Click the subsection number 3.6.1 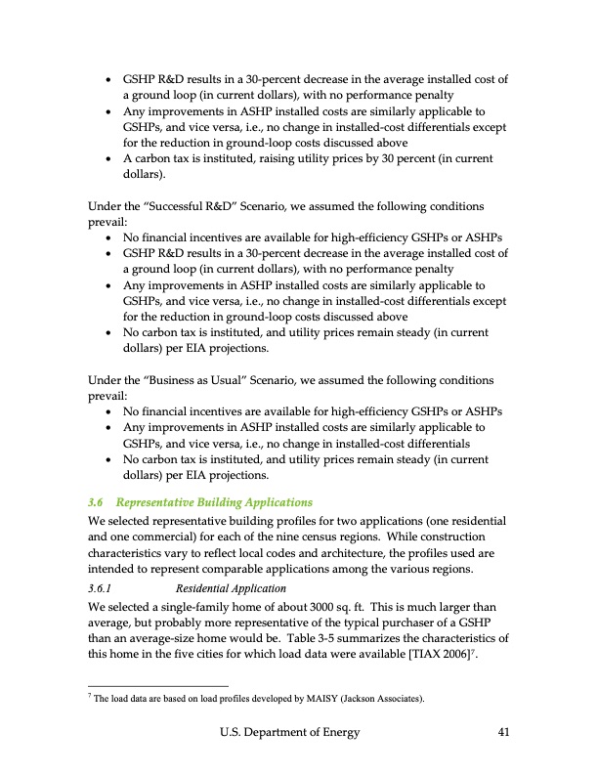point(102,588)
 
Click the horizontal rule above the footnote point(157,685)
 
